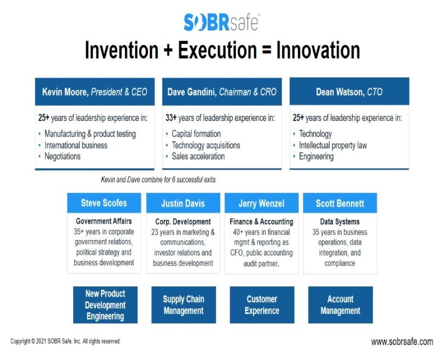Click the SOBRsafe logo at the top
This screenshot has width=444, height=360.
coord(222,22)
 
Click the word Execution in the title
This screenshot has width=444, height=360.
coord(217,50)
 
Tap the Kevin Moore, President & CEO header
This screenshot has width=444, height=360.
coord(95,92)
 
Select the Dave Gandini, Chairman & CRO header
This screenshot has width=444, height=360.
coord(222,92)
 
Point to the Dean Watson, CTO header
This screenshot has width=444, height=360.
coord(349,91)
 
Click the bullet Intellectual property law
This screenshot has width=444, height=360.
coord(333,145)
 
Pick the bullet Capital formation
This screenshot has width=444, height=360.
coord(196,133)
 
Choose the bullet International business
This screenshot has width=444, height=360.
coord(76,145)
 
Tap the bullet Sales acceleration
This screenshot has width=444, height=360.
coord(198,156)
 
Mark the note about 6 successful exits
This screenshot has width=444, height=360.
coord(158,180)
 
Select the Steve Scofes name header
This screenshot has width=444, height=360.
coord(104,203)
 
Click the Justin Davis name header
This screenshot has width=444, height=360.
coord(183,203)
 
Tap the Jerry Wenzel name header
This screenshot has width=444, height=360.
coord(261,203)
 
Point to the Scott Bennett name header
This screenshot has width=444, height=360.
coord(340,203)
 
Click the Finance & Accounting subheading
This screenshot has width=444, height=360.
coord(261,222)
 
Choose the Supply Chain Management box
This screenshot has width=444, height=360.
coord(184,305)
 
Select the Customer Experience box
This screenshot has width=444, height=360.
coord(262,305)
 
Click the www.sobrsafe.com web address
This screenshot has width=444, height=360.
coord(402,342)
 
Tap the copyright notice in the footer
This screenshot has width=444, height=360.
coord(66,341)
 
